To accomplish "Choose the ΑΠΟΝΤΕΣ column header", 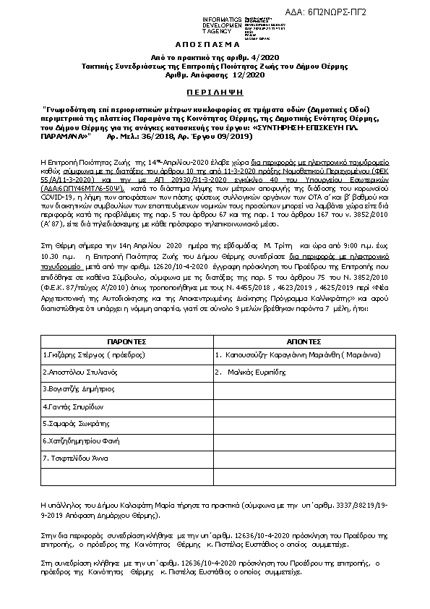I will (x=299, y=340).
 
